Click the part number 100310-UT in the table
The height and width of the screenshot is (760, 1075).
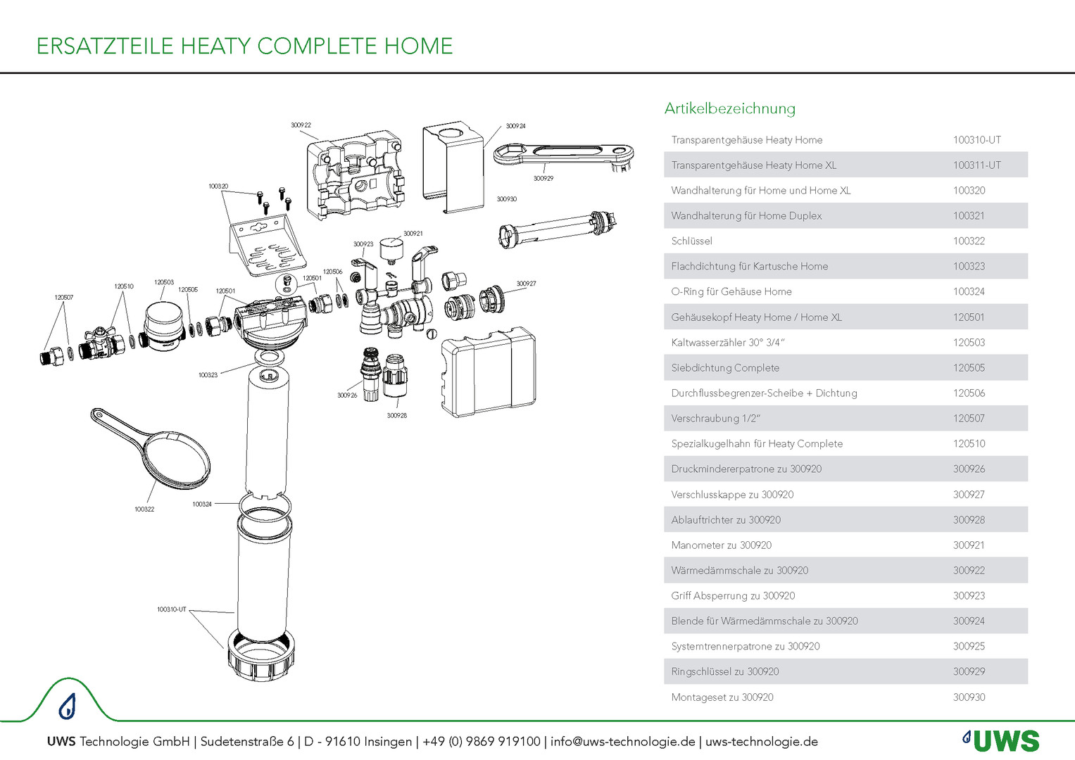pos(976,140)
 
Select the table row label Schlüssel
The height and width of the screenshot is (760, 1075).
pos(691,241)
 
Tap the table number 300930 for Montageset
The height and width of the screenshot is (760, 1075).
pos(969,697)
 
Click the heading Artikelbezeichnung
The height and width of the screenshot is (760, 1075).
pos(729,108)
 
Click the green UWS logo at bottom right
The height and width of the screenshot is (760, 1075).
pos(1001,741)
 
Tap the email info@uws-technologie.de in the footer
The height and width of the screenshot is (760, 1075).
pos(622,742)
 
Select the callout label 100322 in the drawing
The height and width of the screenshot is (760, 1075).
pos(144,509)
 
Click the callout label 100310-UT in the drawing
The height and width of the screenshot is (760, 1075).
pos(171,609)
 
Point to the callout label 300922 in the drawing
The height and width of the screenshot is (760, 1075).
pos(301,125)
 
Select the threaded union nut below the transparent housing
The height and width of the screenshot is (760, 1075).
pos(260,654)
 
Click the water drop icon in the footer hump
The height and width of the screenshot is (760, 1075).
pos(67,706)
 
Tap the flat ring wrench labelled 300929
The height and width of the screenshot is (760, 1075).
pos(563,154)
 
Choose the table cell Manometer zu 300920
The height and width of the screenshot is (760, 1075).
pos(721,545)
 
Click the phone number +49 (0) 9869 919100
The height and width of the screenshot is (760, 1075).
pos(481,742)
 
